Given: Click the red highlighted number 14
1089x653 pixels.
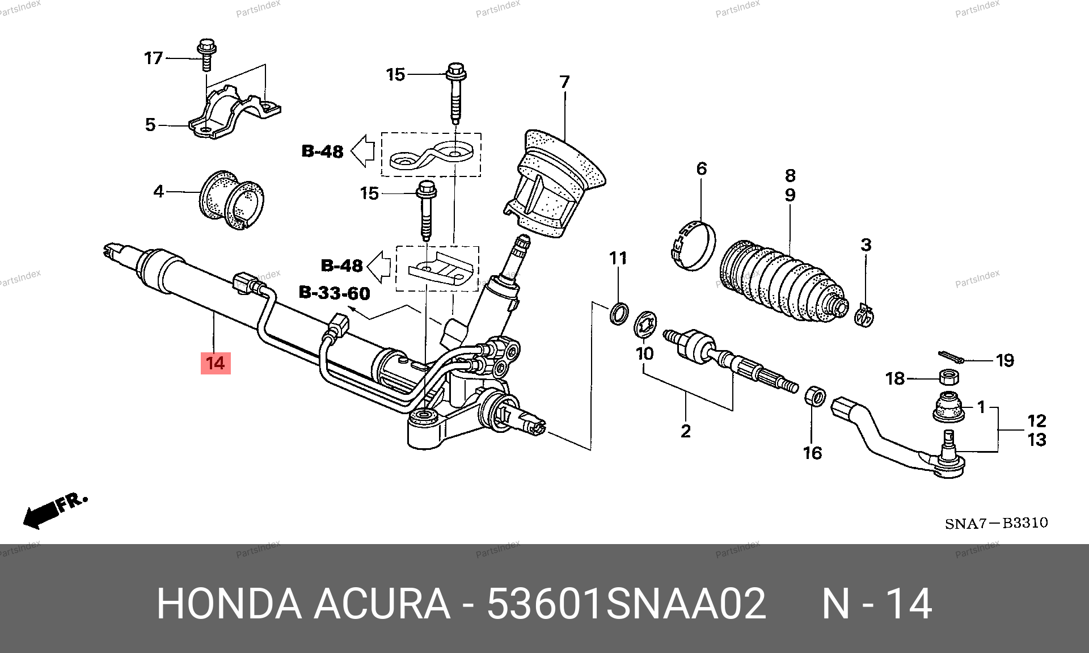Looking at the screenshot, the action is [216, 363].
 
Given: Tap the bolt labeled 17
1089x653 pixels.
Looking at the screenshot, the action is [206, 55].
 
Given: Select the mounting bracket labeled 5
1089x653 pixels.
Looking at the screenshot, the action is [235, 112].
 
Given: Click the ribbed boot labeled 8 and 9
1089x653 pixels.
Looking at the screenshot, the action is [783, 283].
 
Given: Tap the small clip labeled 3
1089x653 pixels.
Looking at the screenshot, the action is [864, 315].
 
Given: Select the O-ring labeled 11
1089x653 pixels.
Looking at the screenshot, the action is [619, 313].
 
